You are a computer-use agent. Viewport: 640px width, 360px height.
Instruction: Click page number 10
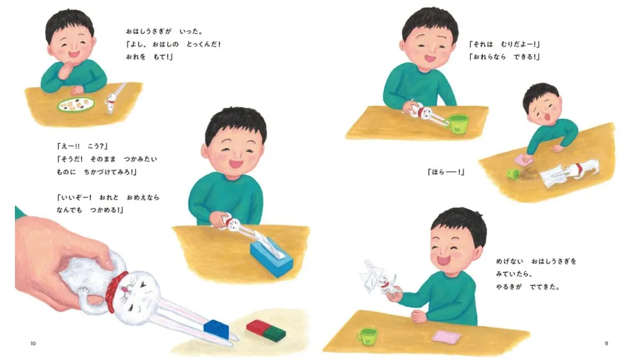[33, 343]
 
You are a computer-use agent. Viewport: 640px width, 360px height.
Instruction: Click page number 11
[606, 343]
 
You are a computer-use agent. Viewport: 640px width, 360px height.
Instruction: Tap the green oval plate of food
[76, 105]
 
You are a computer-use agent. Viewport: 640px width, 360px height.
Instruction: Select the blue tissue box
[271, 257]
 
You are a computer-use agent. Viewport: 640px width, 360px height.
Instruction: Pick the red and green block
[266, 331]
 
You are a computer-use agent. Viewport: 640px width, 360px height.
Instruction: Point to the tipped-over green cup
[513, 173]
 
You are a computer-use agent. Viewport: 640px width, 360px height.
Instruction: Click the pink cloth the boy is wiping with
[524, 160]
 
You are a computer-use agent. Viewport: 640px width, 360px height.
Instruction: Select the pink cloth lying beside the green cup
[446, 337]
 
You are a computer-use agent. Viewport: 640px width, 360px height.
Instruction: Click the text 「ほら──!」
[446, 172]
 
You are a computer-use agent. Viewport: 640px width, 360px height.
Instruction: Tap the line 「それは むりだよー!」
[504, 44]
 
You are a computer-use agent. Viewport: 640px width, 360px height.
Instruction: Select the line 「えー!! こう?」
[82, 146]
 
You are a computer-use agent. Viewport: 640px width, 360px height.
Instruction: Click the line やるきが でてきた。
[527, 286]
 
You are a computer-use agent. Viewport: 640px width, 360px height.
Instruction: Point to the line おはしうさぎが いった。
[164, 31]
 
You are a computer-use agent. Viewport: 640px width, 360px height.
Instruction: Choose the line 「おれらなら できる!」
[504, 57]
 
